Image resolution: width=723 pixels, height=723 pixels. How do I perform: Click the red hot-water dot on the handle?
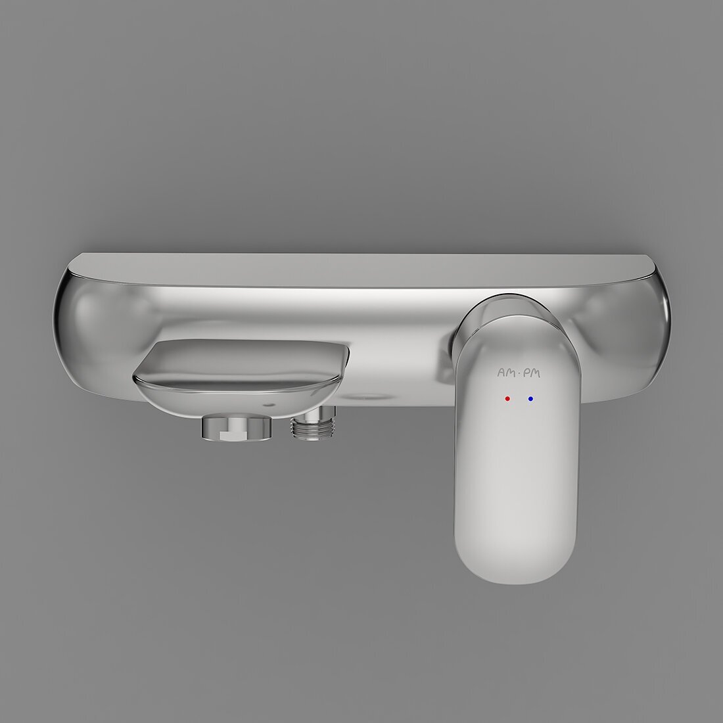(507, 398)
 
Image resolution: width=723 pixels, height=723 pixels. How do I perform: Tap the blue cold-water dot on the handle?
(530, 398)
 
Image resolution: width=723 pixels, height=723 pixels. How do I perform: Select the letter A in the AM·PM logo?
(501, 373)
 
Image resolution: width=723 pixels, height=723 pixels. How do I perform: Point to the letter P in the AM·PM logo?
(526, 373)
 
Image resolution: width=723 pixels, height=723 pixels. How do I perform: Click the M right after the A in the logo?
(511, 373)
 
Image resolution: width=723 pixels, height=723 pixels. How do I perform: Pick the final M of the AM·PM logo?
(535, 373)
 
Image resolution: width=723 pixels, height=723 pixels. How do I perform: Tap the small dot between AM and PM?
(519, 373)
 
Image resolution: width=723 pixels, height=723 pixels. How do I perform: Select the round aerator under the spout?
(236, 427)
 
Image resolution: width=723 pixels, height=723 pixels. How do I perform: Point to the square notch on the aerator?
(229, 434)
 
